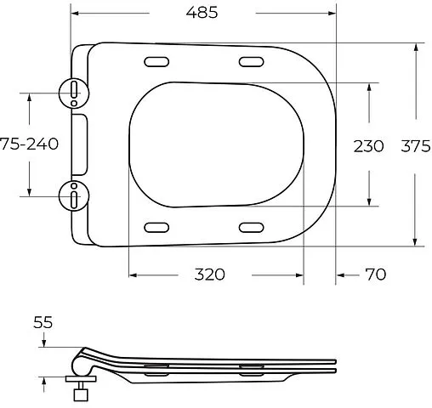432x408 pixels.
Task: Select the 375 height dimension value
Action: coord(414,145)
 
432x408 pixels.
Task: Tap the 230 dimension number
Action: coord(369,145)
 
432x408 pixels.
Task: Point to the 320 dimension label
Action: coord(209,274)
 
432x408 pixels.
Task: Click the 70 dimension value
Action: coord(376,274)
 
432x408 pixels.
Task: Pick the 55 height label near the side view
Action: coord(43,323)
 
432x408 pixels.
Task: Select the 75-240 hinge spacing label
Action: coord(29,144)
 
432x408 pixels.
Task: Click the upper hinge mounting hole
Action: coord(75,90)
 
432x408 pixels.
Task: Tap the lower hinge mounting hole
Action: coord(75,196)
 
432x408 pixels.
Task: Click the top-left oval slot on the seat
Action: coord(157,61)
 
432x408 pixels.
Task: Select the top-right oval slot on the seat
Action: coord(250,61)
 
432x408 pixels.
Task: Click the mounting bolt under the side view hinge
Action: coord(82,394)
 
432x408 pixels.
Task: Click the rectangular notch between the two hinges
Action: coord(82,143)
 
